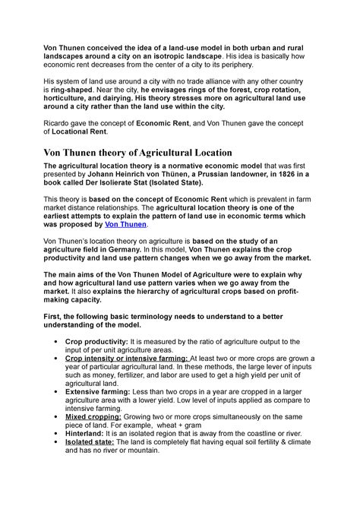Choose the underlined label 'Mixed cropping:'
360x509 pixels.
pos(95,416)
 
